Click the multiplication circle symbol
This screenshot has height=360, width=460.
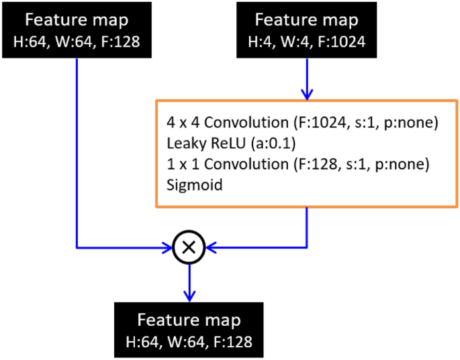point(189,247)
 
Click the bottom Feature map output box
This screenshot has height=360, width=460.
point(189,330)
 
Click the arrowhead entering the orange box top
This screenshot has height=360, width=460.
point(307,94)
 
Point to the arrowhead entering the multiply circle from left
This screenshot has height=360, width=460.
point(168,247)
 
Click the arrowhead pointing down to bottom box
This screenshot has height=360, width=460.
point(189,296)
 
